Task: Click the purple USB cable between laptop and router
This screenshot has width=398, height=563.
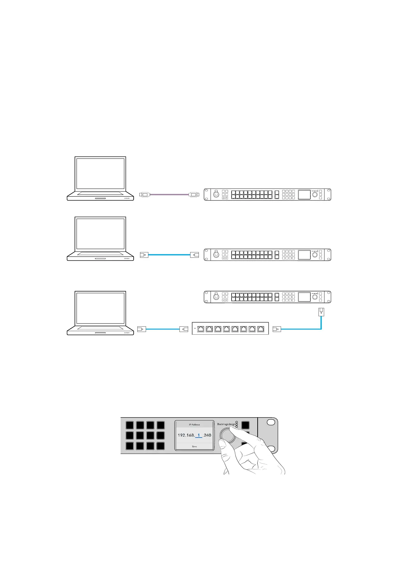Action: [170, 194]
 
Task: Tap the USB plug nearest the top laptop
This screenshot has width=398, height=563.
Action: [144, 194]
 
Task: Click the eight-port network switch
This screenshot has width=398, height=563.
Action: [230, 329]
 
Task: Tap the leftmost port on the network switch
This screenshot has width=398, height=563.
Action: [201, 329]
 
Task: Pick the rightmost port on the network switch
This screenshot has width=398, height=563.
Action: [261, 329]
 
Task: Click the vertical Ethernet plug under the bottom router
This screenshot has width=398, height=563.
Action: [321, 312]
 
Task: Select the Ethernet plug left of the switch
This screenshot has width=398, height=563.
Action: [184, 329]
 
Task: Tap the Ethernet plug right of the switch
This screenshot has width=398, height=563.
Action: [277, 329]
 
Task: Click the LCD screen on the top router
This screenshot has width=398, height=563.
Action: [304, 194]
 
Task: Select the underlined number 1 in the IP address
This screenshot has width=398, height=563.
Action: [198, 435]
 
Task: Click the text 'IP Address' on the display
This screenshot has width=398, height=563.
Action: [194, 425]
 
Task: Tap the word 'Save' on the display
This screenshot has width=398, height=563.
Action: [194, 446]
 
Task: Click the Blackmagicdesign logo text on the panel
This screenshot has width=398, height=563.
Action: [226, 424]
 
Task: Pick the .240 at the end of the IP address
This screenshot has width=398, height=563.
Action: [207, 435]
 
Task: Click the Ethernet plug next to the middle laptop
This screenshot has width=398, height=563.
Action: [143, 255]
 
